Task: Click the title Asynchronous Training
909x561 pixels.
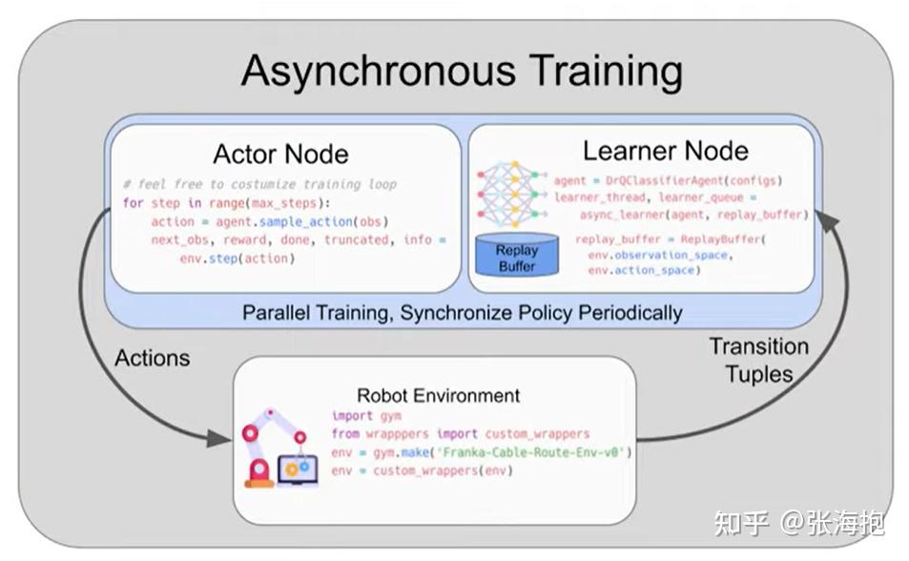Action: [x=462, y=72]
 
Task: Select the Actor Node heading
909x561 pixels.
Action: [x=280, y=154]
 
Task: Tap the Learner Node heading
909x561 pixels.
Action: [x=665, y=150]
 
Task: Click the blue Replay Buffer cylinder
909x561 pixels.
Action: [x=516, y=255]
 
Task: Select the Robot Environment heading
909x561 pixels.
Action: [x=438, y=395]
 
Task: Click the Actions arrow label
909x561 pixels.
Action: [x=153, y=358]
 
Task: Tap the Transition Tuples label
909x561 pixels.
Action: [x=758, y=360]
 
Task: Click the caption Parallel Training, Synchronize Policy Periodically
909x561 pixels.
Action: [x=463, y=312]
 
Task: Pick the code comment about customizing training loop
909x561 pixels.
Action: [x=259, y=183]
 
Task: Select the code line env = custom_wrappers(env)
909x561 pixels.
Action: [x=422, y=471]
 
